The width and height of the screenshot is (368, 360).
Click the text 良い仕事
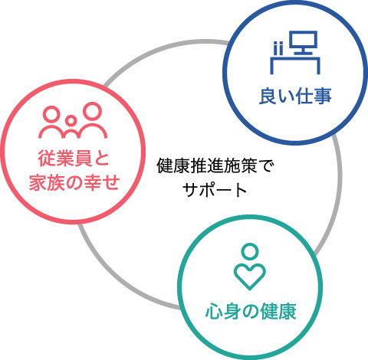[x=295, y=97]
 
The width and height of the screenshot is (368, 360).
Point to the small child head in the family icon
[x=71, y=120]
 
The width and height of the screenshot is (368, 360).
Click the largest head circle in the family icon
[x=92, y=111]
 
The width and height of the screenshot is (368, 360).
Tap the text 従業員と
[x=74, y=159]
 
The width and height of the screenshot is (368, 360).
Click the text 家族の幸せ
[x=74, y=183]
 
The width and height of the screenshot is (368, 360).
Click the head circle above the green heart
[x=250, y=251]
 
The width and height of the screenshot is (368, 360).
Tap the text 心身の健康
[x=251, y=312]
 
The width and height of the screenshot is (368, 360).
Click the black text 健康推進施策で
[x=215, y=166]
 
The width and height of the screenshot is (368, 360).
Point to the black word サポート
[x=215, y=190]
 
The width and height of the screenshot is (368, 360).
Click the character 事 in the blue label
[x=323, y=97]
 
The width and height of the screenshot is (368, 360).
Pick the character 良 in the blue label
[x=268, y=97]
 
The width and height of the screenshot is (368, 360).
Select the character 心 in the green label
[x=214, y=312]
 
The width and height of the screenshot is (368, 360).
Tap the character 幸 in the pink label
[x=93, y=183]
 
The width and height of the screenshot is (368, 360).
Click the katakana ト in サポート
[x=241, y=190]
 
